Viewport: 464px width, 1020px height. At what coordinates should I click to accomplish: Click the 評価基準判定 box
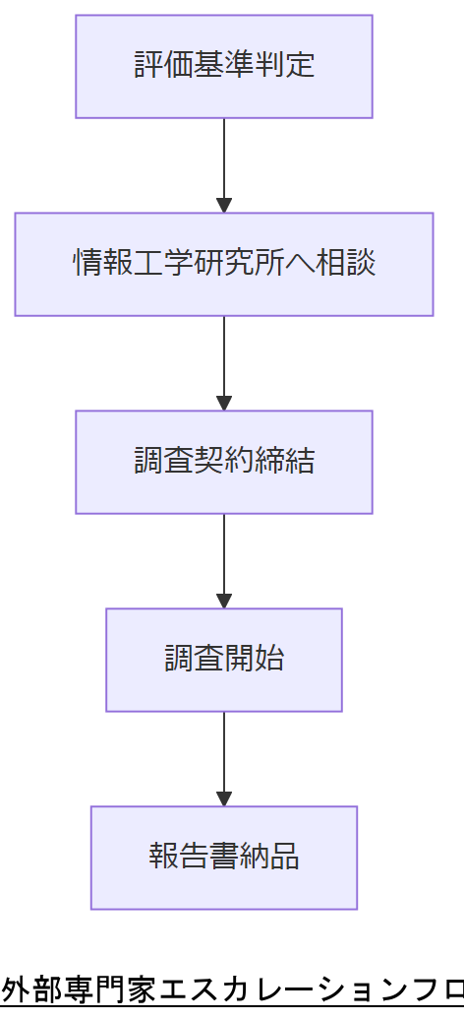tap(224, 66)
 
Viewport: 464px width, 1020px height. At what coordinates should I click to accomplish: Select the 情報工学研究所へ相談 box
tap(224, 264)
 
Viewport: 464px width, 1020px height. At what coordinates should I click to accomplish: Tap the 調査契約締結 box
tap(224, 462)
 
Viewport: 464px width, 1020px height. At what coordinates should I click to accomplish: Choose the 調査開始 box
tap(224, 660)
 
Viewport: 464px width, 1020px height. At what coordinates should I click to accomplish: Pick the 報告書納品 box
tap(224, 858)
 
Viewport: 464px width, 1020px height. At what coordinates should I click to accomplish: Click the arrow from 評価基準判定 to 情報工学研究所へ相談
tap(224, 162)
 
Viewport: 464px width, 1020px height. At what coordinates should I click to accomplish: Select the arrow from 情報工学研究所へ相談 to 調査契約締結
tap(224, 360)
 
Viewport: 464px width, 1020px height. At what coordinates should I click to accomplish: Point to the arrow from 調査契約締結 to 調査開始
tap(224, 558)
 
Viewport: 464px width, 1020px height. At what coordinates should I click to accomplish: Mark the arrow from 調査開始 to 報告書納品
tap(224, 756)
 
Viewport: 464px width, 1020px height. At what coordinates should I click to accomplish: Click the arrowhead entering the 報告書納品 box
tap(224, 798)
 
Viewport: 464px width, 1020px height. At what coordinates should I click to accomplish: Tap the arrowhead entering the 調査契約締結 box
tap(224, 403)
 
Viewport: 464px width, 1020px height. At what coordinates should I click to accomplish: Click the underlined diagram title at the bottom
tap(232, 989)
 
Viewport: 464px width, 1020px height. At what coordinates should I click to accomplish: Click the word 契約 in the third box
tap(224, 462)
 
